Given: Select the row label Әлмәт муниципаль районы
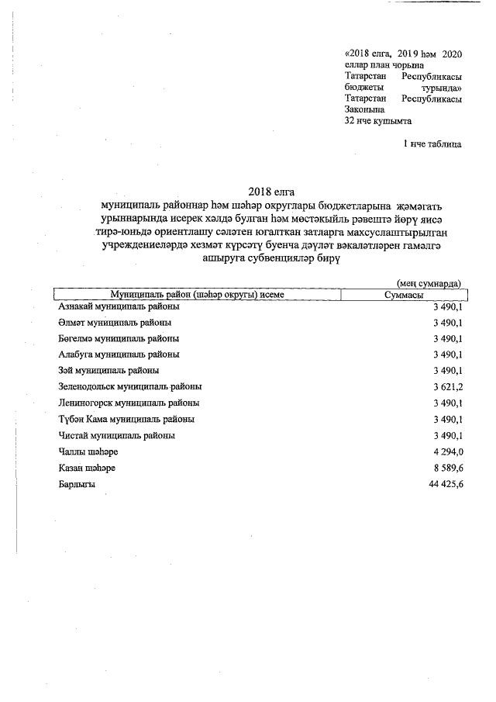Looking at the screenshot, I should click(x=115, y=322).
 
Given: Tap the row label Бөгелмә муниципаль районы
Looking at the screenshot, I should click(x=119, y=338).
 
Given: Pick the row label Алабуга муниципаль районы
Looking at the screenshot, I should click(x=119, y=354).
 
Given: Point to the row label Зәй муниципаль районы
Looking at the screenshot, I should click(x=108, y=370).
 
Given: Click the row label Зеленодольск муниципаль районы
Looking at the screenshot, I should click(x=130, y=386).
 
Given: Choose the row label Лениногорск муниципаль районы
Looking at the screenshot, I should click(x=128, y=403).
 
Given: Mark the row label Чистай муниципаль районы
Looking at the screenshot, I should click(x=116, y=435).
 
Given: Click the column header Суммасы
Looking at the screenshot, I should click(x=403, y=295).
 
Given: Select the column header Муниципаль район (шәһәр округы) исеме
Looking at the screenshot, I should click(x=197, y=295).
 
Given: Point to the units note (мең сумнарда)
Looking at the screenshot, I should click(x=429, y=284).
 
